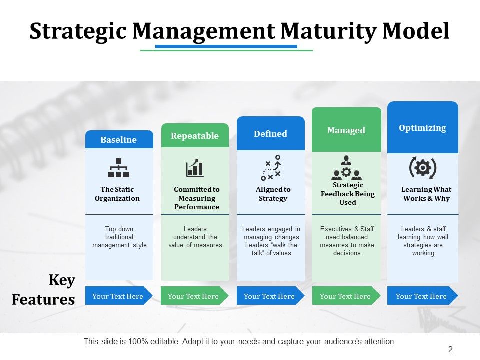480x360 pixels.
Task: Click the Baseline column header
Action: click(119, 140)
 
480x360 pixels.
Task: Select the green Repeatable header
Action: click(195, 136)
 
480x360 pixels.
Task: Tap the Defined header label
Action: click(270, 134)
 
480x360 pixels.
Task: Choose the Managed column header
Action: click(346, 130)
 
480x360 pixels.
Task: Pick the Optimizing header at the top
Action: click(422, 128)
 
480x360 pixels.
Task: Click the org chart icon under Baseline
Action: click(119, 168)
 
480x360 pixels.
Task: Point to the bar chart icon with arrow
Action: click(195, 168)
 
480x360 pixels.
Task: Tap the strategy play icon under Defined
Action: click(271, 168)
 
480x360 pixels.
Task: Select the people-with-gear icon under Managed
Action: click(346, 168)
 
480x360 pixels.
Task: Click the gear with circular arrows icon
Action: click(423, 168)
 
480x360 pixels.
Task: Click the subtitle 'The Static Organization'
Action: click(117, 194)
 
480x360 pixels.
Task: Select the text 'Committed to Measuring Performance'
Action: click(197, 198)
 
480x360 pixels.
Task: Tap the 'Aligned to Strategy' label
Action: click(273, 194)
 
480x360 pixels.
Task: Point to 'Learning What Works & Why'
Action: click(426, 194)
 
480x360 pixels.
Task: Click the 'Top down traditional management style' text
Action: click(119, 237)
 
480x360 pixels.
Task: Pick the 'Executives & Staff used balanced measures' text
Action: click(347, 241)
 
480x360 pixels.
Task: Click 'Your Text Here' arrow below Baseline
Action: click(118, 296)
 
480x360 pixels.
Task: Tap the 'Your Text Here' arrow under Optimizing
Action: click(421, 296)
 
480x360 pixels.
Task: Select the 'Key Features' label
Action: click(43, 290)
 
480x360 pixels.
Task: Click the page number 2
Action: click(450, 350)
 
